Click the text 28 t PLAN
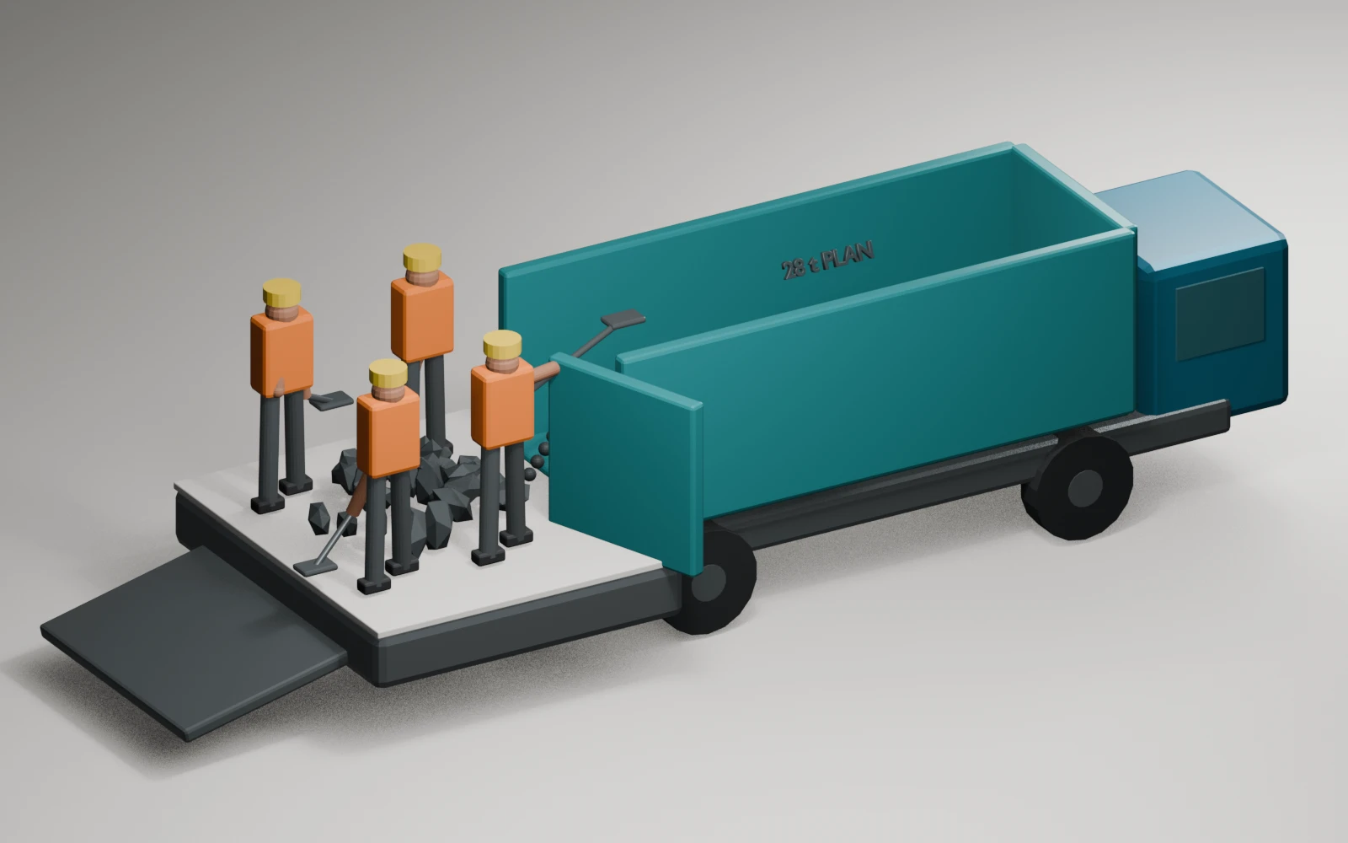pyautogui.click(x=827, y=260)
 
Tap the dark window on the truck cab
pyautogui.click(x=1221, y=314)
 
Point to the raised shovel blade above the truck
pyautogui.click(x=623, y=319)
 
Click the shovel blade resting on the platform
pyautogui.click(x=315, y=567)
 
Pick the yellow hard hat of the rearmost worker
pyautogui.click(x=422, y=257)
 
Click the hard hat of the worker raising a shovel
pyautogui.click(x=502, y=344)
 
